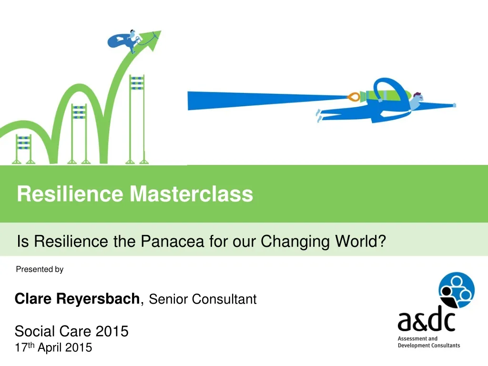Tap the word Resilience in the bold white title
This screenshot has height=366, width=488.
tap(70, 194)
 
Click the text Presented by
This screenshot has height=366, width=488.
tap(40, 269)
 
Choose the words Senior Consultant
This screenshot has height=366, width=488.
tap(203, 299)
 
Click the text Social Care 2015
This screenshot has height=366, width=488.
tap(71, 331)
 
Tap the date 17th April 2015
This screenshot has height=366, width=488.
tap(53, 347)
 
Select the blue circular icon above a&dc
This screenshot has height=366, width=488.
tap(456, 290)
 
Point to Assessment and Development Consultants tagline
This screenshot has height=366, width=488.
tap(429, 342)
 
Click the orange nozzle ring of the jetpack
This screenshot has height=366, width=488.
tap(353, 97)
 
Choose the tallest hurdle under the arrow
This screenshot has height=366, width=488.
tap(137, 119)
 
